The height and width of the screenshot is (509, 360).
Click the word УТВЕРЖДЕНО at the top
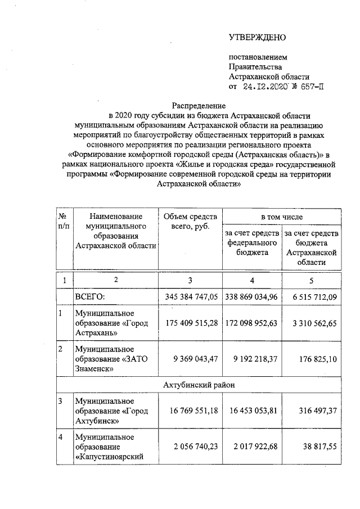257,38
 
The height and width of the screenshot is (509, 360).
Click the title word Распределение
199,105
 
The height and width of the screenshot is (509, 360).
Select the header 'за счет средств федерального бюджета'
252,243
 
